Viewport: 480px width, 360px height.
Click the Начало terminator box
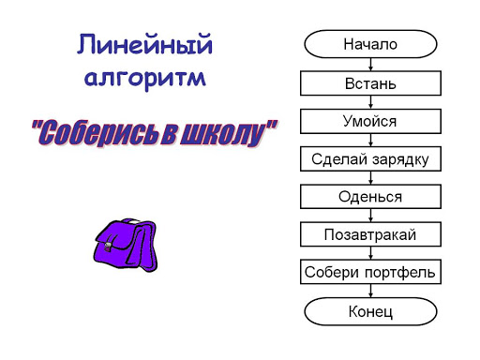(370, 44)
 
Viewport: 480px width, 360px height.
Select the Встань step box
(370, 83)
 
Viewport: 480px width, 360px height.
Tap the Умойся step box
(370, 121)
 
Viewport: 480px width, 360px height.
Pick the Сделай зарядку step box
(370, 158)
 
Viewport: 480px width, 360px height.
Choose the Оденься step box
(370, 197)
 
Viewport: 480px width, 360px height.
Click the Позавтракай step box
(370, 234)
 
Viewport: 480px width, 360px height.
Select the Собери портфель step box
(370, 273)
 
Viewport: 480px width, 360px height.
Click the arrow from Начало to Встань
(370, 64)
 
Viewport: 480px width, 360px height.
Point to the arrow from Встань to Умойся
(370, 102)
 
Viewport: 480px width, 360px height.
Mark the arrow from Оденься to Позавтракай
(370, 216)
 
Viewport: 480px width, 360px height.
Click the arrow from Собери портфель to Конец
(370, 292)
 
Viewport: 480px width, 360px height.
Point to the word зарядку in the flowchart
(397, 159)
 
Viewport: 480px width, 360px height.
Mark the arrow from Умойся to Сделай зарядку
(370, 140)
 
